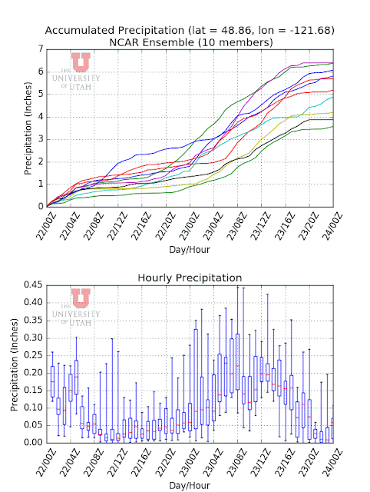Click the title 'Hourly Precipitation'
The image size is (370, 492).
click(x=190, y=278)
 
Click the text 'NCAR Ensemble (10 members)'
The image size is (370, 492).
click(x=191, y=42)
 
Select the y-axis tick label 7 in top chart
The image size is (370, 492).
click(x=41, y=49)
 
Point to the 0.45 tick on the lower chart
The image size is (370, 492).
click(x=33, y=285)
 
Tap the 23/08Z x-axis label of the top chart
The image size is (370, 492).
click(x=237, y=227)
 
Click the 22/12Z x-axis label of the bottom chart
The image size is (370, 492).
click(x=117, y=463)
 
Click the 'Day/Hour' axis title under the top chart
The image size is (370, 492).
click(x=190, y=250)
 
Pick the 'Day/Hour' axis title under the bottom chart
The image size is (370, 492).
click(x=190, y=486)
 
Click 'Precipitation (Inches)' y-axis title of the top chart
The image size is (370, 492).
click(x=28, y=128)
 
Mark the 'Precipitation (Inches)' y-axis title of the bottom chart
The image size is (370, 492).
click(x=15, y=364)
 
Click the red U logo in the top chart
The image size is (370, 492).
click(x=81, y=62)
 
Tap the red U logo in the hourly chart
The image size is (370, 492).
click(x=81, y=298)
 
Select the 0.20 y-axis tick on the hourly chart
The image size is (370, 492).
click(x=33, y=373)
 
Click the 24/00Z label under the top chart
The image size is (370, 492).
click(x=332, y=227)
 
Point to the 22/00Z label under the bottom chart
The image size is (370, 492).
click(x=46, y=463)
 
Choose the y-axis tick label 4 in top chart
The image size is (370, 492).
click(x=41, y=117)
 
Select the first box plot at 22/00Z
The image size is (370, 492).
click(x=52, y=381)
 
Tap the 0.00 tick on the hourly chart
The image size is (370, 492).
click(x=33, y=443)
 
